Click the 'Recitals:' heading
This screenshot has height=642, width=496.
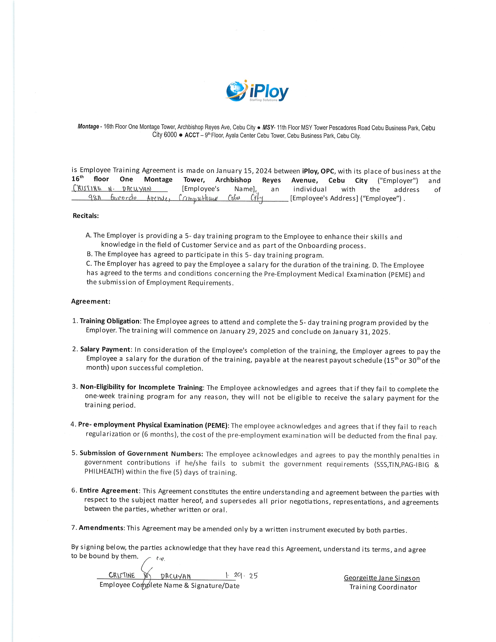[86, 216]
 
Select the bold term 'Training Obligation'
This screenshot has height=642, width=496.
[110, 321]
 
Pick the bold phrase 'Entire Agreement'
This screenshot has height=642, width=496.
[109, 491]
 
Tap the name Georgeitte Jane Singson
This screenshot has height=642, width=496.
[382, 578]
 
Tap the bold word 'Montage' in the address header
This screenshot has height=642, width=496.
[88, 127]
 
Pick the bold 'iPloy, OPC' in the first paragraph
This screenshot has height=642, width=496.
[318, 171]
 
